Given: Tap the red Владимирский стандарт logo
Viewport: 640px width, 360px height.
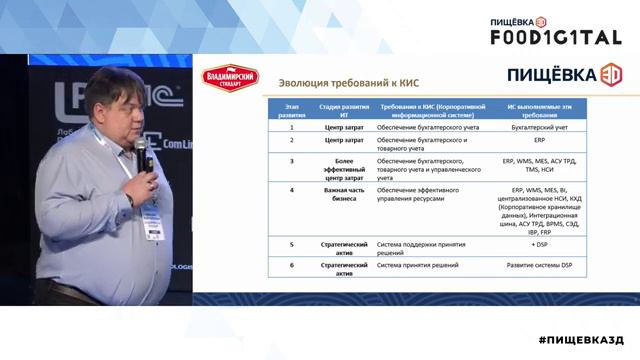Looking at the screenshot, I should click(x=230, y=77).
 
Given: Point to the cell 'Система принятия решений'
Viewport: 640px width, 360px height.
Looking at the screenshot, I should click(x=417, y=266).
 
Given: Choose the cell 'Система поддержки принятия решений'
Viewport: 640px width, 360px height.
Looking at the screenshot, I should click(x=417, y=247).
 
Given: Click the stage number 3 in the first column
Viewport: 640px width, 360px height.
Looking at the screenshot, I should click(x=292, y=160).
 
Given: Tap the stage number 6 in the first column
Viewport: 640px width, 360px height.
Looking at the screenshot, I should click(x=292, y=266).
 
